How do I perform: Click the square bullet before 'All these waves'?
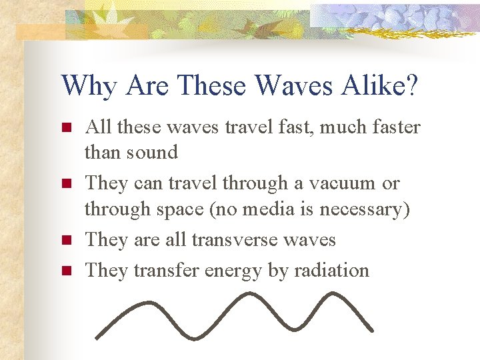(x=65, y=127)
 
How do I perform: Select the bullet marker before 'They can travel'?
(x=65, y=183)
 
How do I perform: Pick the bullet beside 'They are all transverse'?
(x=65, y=239)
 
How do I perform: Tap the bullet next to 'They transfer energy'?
(x=65, y=270)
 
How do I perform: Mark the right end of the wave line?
(x=371, y=329)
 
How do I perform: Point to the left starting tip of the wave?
(x=96, y=337)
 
